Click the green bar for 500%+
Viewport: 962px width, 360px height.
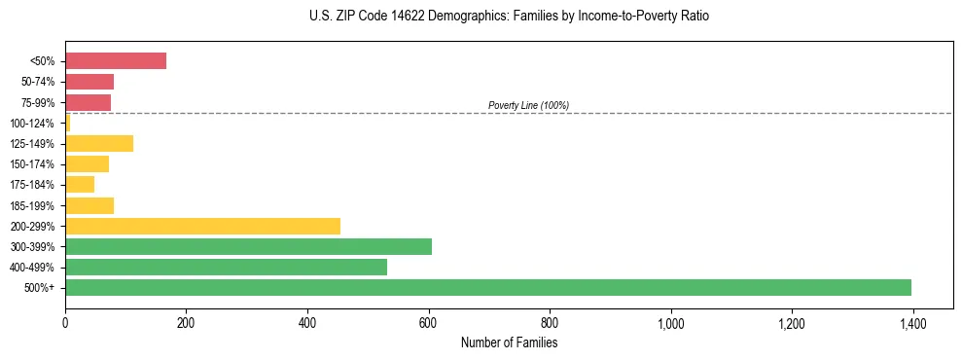coord(487,287)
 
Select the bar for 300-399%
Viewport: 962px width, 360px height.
coord(248,246)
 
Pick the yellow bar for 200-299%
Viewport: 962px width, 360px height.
coord(202,226)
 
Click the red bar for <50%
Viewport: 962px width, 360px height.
coord(115,61)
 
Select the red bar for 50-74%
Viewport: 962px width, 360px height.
coord(89,82)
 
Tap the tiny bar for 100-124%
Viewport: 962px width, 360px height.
coord(68,124)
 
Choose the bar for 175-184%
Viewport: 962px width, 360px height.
coord(80,185)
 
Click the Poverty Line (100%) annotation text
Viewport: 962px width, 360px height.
coord(528,105)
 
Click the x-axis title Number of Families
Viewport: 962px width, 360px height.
coord(509,342)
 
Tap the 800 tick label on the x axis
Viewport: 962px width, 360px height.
coord(550,323)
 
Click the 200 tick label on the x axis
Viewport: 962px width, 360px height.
coord(186,323)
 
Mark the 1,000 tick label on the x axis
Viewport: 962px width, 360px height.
coord(670,323)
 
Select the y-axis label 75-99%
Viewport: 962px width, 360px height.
coord(37,103)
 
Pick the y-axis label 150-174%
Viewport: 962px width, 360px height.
coord(34,164)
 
